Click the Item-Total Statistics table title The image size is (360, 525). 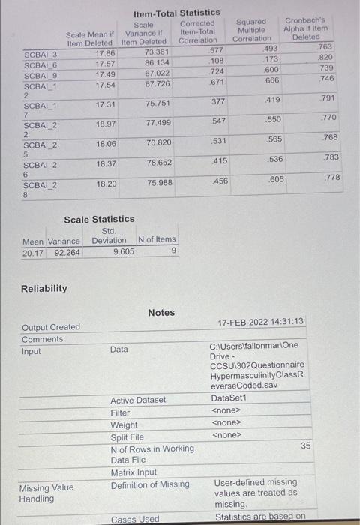176,13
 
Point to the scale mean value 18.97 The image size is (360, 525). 105,123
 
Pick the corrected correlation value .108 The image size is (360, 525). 216,61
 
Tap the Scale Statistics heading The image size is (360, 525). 99,219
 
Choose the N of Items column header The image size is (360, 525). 157,240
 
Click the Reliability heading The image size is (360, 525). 43,288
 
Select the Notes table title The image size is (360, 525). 161,312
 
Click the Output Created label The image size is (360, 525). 51,327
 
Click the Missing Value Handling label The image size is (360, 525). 46,493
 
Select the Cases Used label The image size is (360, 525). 135,519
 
